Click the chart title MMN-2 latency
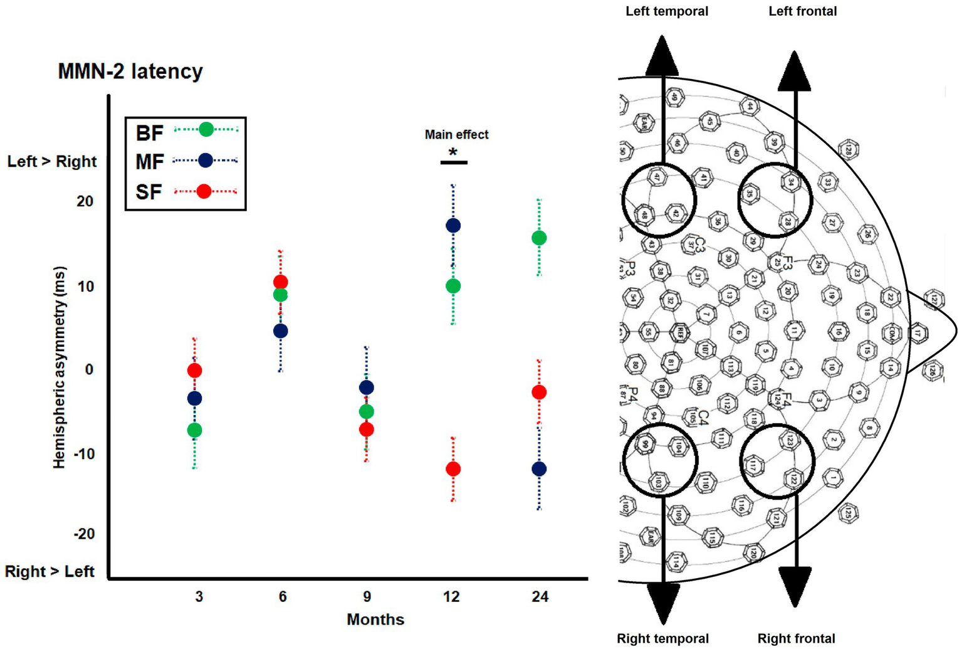point(130,71)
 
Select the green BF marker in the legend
point(206,130)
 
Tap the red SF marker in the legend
point(204,191)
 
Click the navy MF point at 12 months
point(453,226)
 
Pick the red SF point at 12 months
point(453,469)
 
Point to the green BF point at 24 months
point(539,238)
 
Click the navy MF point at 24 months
point(539,469)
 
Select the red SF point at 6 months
point(281,282)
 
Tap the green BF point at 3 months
point(194,430)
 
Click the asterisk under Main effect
point(453,152)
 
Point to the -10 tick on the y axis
point(84,454)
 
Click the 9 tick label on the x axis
point(367,596)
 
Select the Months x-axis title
point(375,620)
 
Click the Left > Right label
point(52,162)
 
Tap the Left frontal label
point(803,11)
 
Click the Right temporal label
point(663,638)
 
